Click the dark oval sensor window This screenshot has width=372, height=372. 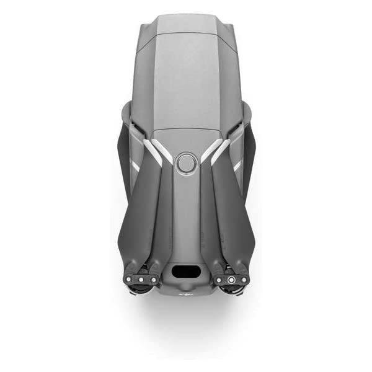(185, 271)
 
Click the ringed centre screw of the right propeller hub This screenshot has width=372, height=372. (231, 280)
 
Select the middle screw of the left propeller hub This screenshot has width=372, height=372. (140, 280)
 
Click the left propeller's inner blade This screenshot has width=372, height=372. (162, 217)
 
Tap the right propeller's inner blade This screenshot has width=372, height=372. (209, 217)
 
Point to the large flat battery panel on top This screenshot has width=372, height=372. (185, 81)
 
